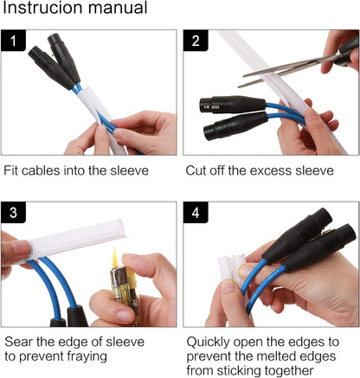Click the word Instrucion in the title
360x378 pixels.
(x=43, y=8)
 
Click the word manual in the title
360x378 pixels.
(x=118, y=8)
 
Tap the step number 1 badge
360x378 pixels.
(x=13, y=41)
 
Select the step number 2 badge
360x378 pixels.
(x=196, y=41)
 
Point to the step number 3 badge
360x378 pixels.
(x=13, y=213)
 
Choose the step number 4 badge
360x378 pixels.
(x=196, y=213)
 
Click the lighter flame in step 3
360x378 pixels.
(x=115, y=258)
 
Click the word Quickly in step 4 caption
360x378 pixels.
(x=208, y=343)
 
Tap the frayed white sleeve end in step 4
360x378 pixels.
(x=231, y=266)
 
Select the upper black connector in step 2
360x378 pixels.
(x=233, y=104)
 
